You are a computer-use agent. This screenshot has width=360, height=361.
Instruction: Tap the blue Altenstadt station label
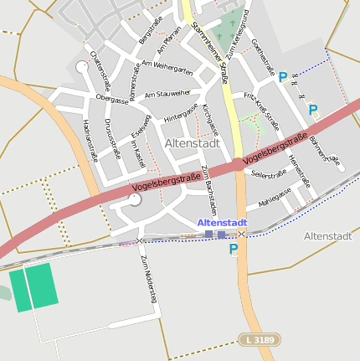point(222,223)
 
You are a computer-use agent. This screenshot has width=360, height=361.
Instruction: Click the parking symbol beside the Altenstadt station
point(234,249)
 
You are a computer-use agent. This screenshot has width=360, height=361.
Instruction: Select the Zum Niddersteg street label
point(148,279)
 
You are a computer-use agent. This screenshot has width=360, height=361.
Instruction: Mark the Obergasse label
point(112,99)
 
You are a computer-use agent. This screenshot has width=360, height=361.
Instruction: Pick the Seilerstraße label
point(269,174)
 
